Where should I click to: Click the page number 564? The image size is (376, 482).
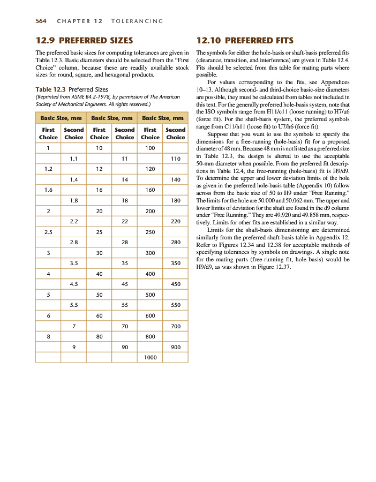[41, 21]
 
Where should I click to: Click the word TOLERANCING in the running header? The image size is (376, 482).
[138, 21]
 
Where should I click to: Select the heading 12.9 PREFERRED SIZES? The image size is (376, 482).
[84, 40]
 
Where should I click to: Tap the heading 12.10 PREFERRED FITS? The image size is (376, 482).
[246, 40]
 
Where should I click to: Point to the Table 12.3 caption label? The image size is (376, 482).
[50, 89]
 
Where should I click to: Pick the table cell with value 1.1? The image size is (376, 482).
[74, 159]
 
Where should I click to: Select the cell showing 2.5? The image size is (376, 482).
[48, 232]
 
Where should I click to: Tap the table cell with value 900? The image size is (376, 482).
[175, 347]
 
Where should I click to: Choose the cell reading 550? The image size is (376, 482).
[175, 305]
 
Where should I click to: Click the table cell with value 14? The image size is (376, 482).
[124, 179]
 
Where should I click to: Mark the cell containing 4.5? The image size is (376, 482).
[74, 284]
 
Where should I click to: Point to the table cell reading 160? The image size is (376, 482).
[150, 190]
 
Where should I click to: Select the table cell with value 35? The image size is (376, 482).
[124, 263]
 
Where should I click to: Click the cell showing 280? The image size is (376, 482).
[175, 242]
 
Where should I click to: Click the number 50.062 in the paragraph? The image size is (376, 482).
[279, 199]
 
